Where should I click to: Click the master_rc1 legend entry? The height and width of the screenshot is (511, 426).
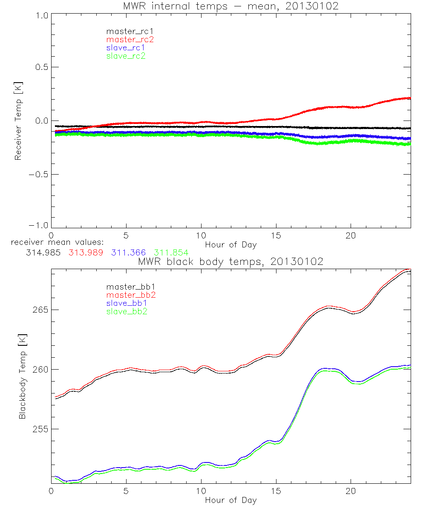pos(126,31)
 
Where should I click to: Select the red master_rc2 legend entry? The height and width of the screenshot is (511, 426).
pos(130,39)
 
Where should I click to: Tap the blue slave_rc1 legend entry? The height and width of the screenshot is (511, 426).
pos(126,48)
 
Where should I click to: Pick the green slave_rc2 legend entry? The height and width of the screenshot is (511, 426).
pos(126,56)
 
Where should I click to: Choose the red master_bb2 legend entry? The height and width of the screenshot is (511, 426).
pos(128,295)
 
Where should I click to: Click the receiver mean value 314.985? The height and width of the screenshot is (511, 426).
pos(42,253)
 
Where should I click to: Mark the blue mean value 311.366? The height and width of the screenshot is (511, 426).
pos(128,253)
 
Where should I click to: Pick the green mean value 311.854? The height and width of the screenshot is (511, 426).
pos(171,253)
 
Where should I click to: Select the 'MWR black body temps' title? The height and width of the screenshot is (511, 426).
pos(230,262)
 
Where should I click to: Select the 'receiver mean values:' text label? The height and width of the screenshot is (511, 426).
pos(55,243)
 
